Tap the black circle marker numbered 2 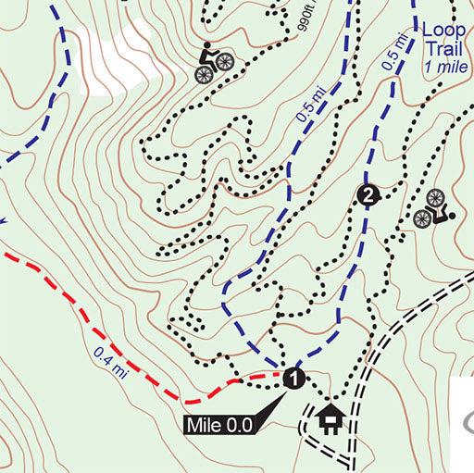tap(368, 194)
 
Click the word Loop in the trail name tap(443, 30)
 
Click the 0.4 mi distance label tap(110, 361)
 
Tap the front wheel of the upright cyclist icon tap(225, 62)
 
